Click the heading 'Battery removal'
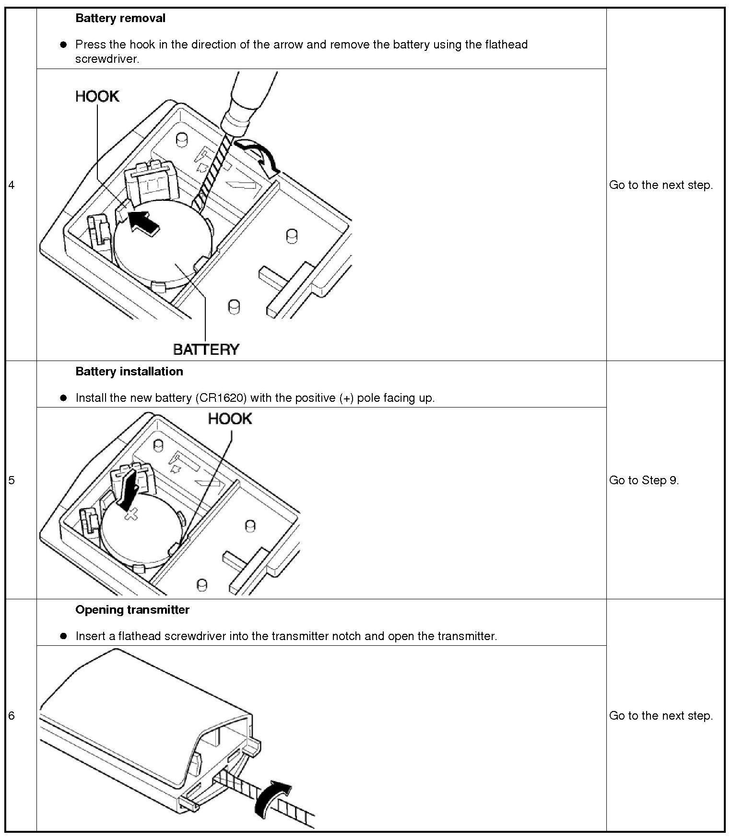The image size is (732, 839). pyautogui.click(x=120, y=18)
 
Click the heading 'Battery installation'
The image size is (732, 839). pyautogui.click(x=129, y=372)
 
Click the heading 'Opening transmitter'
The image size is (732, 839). pyautogui.click(x=132, y=610)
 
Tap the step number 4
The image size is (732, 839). pyautogui.click(x=12, y=185)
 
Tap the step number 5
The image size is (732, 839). pyautogui.click(x=12, y=480)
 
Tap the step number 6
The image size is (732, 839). pyautogui.click(x=12, y=716)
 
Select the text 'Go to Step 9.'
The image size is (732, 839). pyautogui.click(x=644, y=480)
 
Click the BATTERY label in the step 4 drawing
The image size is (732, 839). pyautogui.click(x=206, y=349)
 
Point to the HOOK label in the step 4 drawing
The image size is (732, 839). pyautogui.click(x=97, y=96)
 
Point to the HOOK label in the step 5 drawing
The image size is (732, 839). pyautogui.click(x=230, y=419)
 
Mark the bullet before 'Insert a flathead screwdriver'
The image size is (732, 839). pyautogui.click(x=63, y=636)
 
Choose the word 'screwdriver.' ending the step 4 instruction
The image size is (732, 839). pyautogui.click(x=107, y=59)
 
